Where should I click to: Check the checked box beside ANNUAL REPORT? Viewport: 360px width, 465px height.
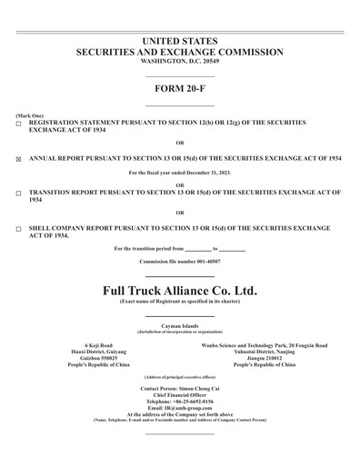point(19,158)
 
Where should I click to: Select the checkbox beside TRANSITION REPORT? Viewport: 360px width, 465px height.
point(19,193)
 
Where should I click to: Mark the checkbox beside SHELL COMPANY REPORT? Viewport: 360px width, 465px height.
point(19,229)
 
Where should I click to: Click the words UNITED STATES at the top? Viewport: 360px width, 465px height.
point(180,42)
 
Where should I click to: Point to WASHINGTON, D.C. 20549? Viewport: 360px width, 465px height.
point(180,62)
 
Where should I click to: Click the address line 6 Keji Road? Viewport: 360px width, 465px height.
point(99,346)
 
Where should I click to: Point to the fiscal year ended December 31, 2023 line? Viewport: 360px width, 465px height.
point(180,173)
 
